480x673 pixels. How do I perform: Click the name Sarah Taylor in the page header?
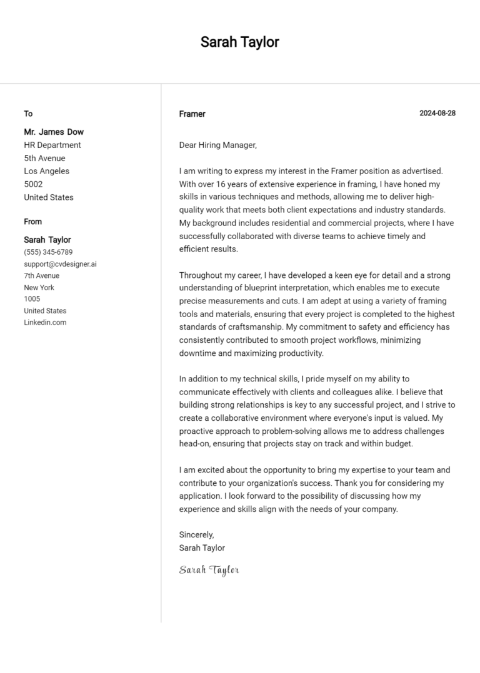239,42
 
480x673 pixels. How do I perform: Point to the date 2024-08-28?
437,113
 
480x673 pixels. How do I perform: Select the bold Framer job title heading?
192,114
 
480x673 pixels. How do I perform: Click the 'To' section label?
28,114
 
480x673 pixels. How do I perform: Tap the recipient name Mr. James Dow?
54,132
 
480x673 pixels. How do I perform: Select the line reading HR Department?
52,145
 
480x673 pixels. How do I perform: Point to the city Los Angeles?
47,171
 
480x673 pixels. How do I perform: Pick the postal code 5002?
33,184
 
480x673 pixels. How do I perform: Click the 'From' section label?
33,222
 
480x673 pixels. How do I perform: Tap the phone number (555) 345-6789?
48,252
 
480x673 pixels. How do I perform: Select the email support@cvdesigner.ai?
60,264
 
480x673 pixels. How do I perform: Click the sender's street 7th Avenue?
42,275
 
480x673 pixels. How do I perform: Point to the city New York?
39,287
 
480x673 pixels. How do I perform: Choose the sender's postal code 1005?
32,299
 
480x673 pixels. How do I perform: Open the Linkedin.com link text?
45,322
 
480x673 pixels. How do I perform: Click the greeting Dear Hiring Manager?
217,145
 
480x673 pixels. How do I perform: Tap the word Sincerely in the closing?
196,534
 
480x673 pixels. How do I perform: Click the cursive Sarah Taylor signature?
209,569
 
